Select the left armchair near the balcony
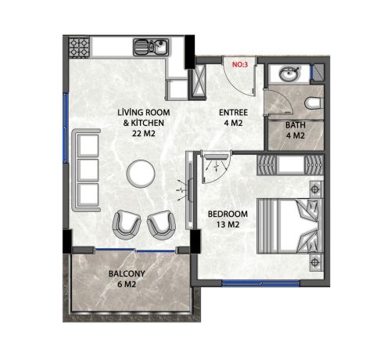pyautogui.click(x=127, y=225)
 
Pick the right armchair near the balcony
pyautogui.click(x=161, y=225)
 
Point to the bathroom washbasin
pyautogui.click(x=287, y=76)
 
